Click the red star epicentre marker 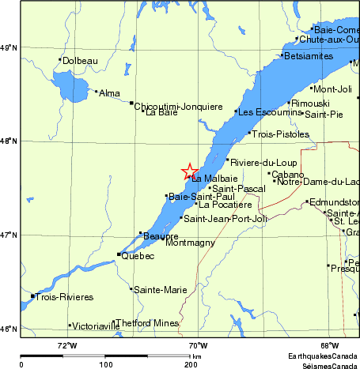(189, 171)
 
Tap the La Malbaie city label (214, 179)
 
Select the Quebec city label (138, 256)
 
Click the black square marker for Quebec (119, 254)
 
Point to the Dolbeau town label (80, 60)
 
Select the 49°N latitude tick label (9, 48)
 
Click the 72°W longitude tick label (67, 345)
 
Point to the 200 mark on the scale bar (191, 364)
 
